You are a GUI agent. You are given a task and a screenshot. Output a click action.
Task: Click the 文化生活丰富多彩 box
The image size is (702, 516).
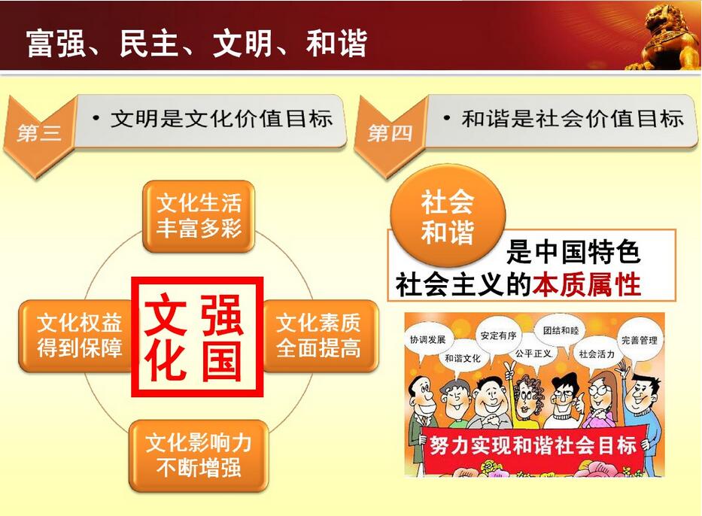click(199, 216)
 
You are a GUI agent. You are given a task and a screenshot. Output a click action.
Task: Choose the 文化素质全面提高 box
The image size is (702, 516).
click(319, 335)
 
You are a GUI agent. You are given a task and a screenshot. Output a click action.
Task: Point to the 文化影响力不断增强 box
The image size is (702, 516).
click(199, 456)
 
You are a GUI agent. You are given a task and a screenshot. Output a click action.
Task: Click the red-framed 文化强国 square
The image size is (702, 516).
click(197, 336)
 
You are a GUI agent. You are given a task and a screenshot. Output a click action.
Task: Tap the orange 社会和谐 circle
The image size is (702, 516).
click(447, 216)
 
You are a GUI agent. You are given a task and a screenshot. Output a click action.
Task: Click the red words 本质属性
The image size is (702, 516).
click(586, 284)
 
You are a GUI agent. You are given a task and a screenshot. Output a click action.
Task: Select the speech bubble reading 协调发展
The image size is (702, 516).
click(428, 341)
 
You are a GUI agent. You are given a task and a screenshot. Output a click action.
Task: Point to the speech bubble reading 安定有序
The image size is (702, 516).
click(498, 335)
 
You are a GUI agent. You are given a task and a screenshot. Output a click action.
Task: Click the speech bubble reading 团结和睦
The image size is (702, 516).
click(561, 330)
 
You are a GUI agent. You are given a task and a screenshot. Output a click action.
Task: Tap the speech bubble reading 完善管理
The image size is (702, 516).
click(640, 341)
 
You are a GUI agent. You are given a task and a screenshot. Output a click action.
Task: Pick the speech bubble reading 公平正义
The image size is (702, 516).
click(533, 354)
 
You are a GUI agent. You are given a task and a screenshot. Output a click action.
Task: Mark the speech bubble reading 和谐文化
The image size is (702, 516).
click(463, 359)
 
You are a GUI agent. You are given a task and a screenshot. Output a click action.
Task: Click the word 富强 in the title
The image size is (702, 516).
click(56, 43)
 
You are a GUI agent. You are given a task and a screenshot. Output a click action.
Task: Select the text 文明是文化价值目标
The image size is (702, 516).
click(222, 119)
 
